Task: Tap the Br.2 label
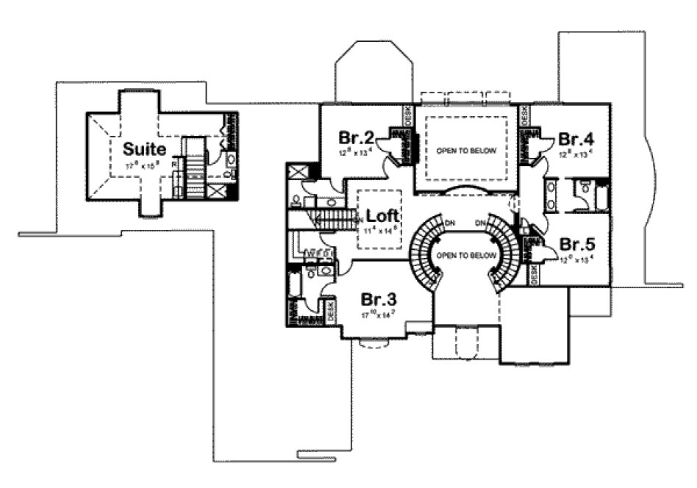354,137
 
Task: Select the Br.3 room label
379,300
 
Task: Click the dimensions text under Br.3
379,315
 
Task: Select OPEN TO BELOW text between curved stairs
460,256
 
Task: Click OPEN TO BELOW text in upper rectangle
466,151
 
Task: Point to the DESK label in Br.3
330,312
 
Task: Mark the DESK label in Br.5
534,273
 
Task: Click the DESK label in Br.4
525,116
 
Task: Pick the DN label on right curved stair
480,223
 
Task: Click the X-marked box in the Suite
217,192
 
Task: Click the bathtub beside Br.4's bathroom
601,197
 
